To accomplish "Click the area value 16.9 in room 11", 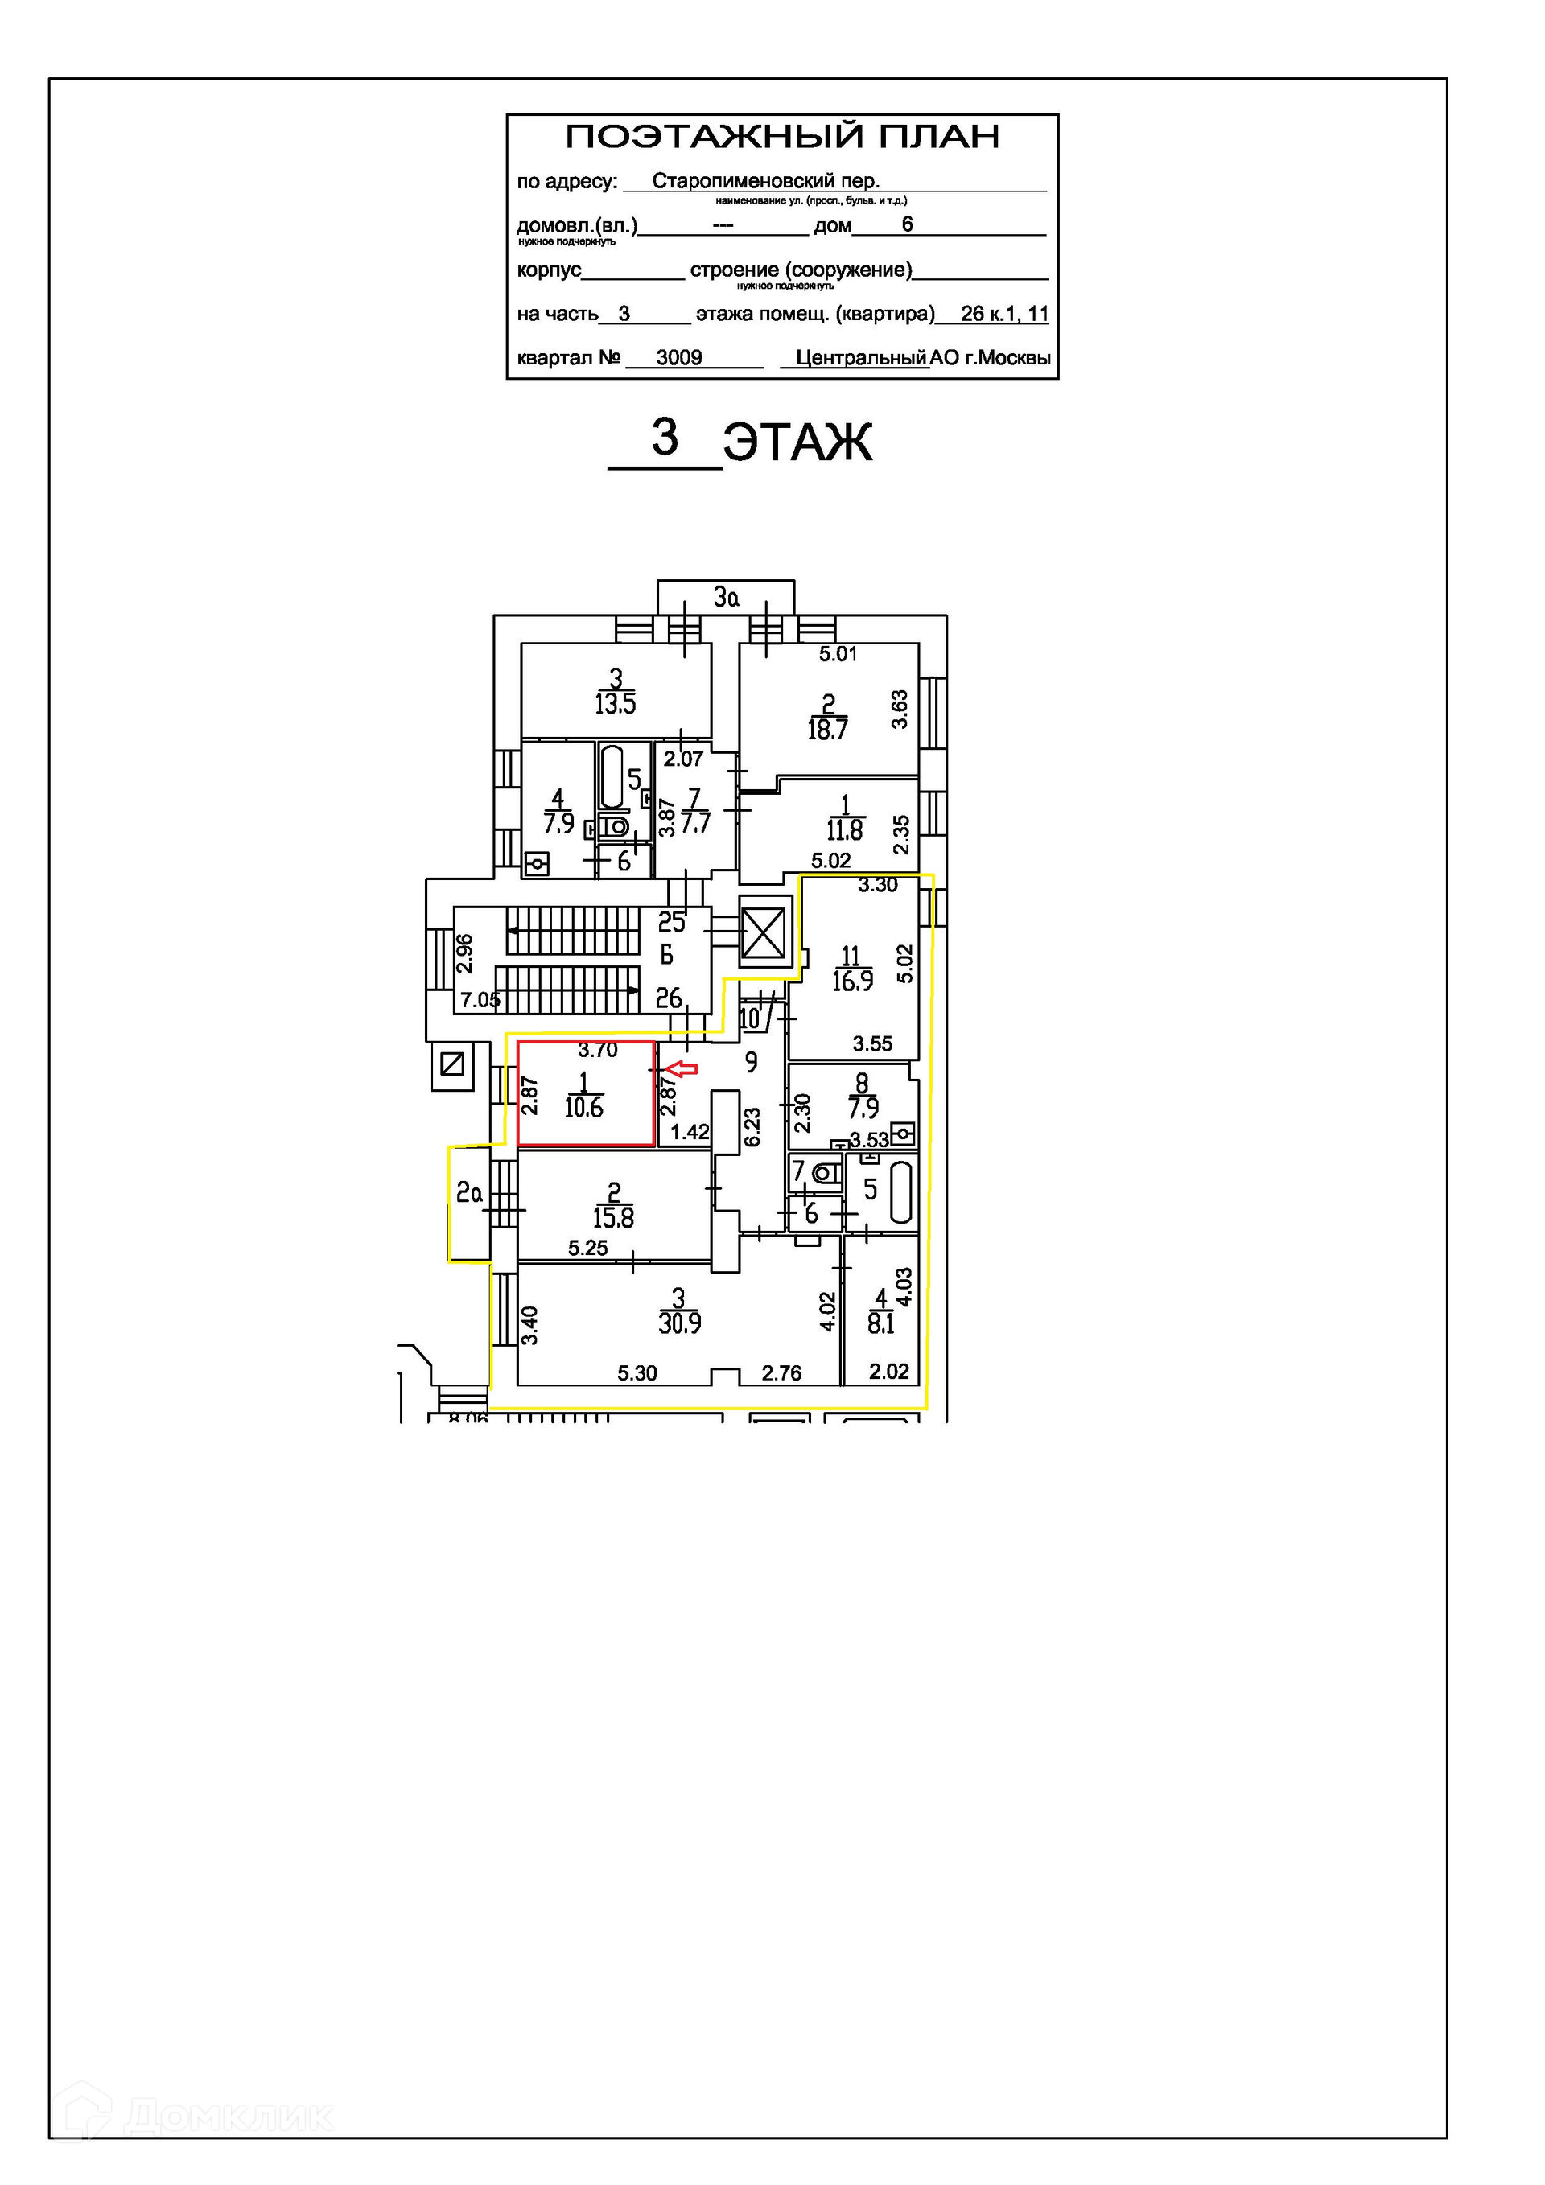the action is point(852,981).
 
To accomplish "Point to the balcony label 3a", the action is point(727,598).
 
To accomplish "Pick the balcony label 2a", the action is point(468,1192).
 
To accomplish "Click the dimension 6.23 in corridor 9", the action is point(752,1127).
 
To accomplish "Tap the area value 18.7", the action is point(827,730).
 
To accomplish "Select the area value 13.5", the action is point(615,704).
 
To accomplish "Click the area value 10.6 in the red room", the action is point(583,1108).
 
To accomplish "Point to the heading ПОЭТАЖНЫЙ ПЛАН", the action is point(782,137).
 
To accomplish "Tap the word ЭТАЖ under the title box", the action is point(797,443).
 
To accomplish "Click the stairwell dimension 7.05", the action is point(480,1000).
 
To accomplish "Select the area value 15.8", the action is point(613,1218).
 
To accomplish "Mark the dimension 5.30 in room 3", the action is point(637,1373).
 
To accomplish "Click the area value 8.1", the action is point(880,1323).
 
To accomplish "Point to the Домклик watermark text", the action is point(229,2117).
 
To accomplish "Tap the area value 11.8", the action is point(844,831).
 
